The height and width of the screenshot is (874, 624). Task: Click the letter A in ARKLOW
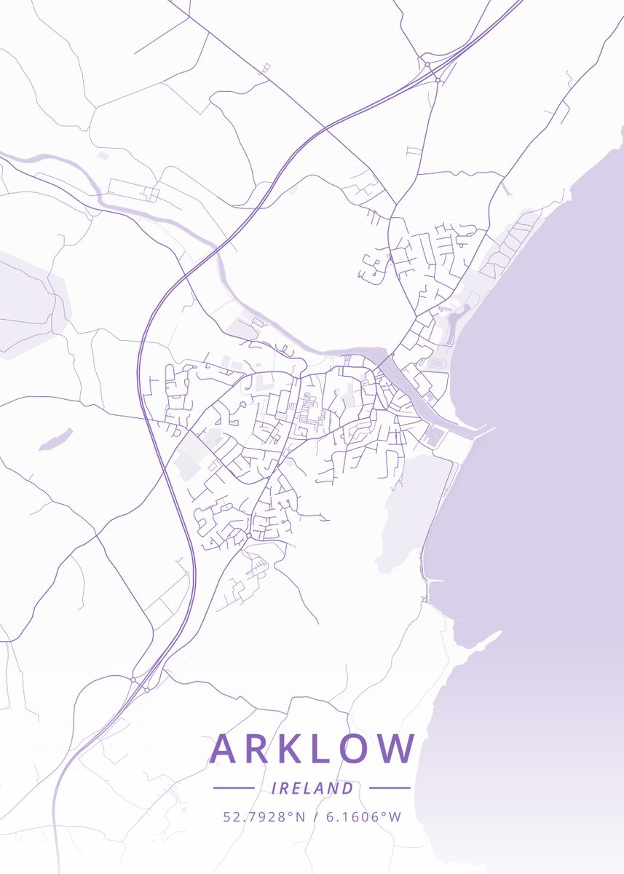[x=226, y=749]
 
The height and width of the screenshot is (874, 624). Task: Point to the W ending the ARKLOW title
[x=399, y=749]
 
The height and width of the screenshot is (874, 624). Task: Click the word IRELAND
[x=312, y=788]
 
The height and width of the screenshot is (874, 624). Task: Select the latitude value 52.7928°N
[x=264, y=816]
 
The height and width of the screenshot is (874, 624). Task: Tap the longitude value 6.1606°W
[x=363, y=816]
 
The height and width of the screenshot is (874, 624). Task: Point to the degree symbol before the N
[x=291, y=813]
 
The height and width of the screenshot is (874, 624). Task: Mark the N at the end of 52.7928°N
[x=300, y=816]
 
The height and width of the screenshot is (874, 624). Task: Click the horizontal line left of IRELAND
[x=233, y=788]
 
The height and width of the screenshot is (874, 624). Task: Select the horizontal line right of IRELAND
[x=390, y=788]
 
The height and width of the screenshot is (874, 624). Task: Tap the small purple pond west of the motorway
[x=55, y=439]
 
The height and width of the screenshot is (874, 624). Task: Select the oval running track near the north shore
[x=437, y=363]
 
